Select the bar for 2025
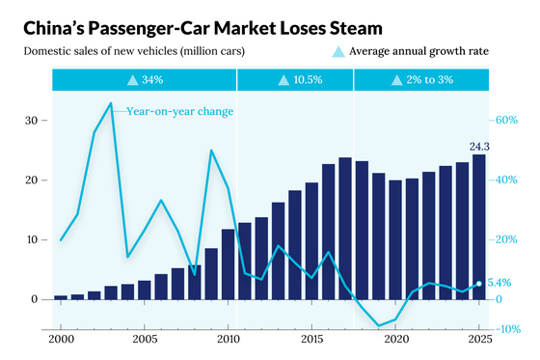tap(478, 227)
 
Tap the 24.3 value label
tap(479, 147)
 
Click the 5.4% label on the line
tap(499, 283)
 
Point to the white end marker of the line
tap(478, 284)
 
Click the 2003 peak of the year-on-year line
tap(111, 102)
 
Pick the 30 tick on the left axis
tap(31, 121)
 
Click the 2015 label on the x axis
tap(312, 340)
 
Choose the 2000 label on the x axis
tap(61, 340)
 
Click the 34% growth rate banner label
tap(152, 80)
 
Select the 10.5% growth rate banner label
tap(308, 80)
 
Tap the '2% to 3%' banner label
tap(429, 80)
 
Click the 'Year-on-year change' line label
tap(179, 111)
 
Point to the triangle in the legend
tap(338, 52)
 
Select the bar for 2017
tap(345, 229)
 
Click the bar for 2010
tap(228, 264)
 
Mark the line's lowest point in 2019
tap(379, 325)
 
